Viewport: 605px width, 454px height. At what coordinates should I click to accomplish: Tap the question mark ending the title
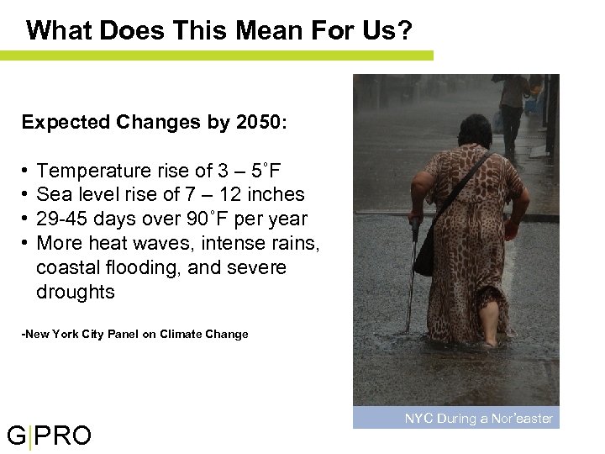click(405, 31)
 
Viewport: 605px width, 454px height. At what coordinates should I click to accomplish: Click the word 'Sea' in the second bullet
click(53, 194)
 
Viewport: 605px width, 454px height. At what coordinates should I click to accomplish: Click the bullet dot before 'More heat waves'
click(26, 244)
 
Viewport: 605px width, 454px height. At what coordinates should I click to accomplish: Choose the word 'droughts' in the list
click(75, 292)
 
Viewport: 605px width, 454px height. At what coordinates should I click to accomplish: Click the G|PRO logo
click(49, 436)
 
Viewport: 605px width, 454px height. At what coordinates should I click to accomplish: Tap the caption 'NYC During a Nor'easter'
click(478, 418)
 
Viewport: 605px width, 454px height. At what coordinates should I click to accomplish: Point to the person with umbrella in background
click(513, 101)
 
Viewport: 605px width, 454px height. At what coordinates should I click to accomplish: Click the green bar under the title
click(217, 55)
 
